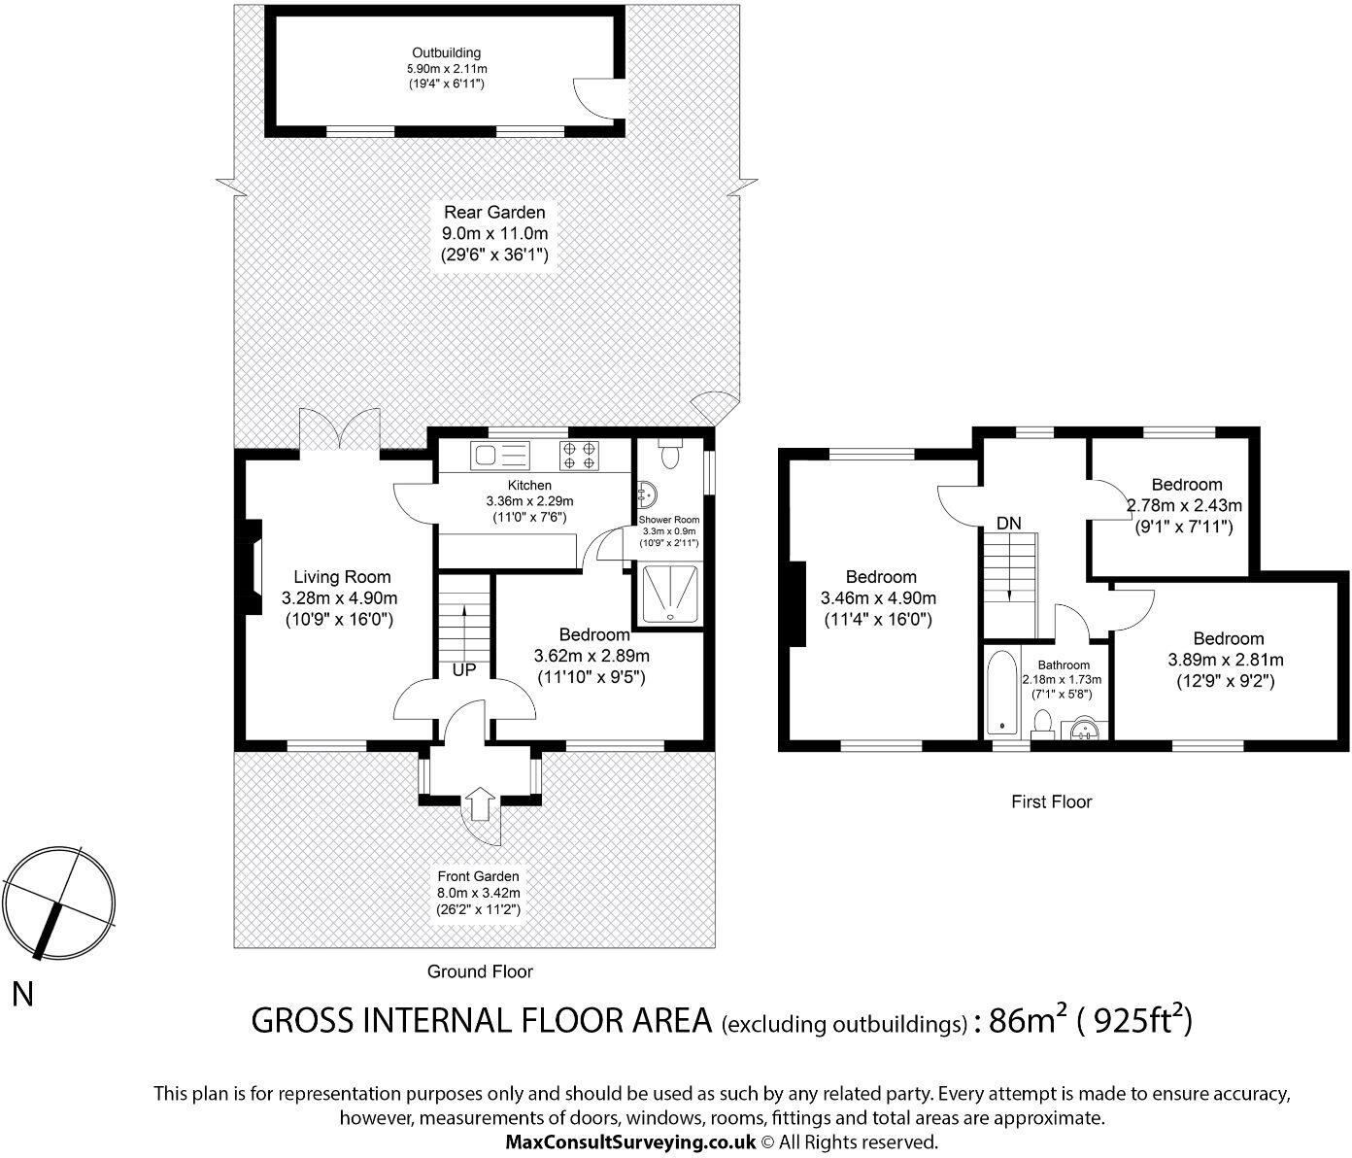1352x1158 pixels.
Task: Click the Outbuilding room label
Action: tap(446, 53)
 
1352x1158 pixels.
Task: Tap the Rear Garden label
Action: tap(494, 212)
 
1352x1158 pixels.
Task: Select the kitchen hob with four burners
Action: tap(579, 456)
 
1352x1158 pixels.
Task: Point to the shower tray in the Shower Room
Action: tap(670, 594)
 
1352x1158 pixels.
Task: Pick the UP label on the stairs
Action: tap(463, 670)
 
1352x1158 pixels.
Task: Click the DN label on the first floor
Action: tap(1008, 524)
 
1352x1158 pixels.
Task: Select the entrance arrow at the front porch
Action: tap(480, 803)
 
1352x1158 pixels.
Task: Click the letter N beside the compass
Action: tap(23, 995)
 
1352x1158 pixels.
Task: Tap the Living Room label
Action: tap(342, 577)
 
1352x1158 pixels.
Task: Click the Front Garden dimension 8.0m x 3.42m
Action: tap(478, 893)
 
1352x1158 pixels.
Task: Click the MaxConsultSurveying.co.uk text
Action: tap(630, 1142)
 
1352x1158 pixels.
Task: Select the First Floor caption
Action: tap(1051, 801)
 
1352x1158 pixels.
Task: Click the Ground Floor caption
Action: tap(480, 971)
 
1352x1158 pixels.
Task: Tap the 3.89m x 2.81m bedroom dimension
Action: tap(1225, 661)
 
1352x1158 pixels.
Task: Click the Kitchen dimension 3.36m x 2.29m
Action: tap(529, 501)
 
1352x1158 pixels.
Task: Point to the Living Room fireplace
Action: tap(253, 568)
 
